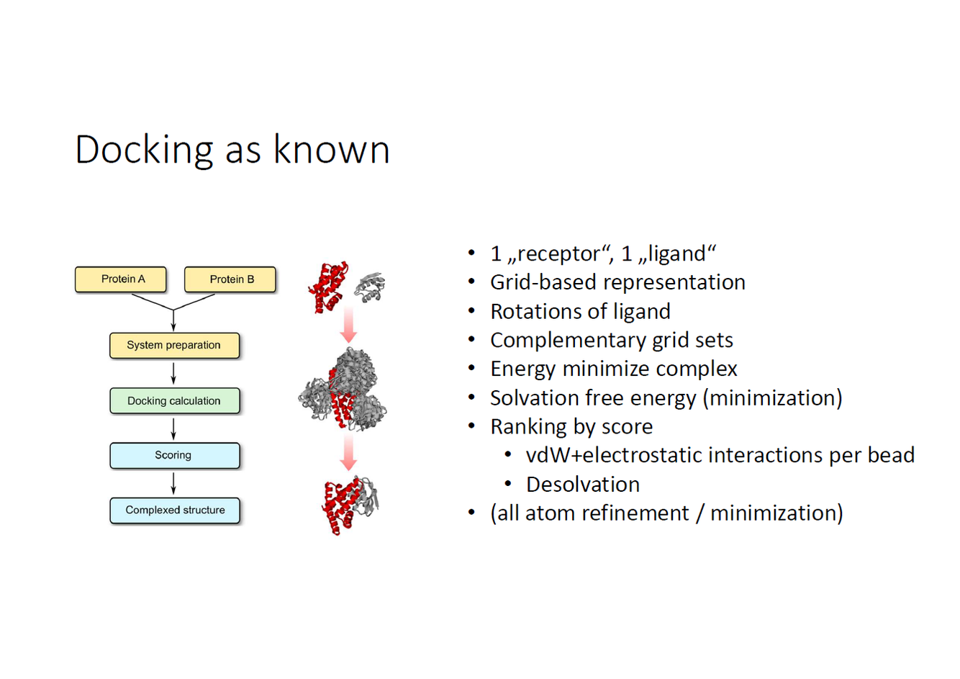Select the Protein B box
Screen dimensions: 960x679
[230, 279]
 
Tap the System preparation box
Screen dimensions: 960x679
[174, 346]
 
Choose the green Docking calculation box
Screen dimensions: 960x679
[174, 401]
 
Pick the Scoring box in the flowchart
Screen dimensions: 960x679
[174, 456]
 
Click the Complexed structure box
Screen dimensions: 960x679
[175, 511]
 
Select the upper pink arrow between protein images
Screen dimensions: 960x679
[348, 324]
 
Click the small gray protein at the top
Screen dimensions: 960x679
[371, 287]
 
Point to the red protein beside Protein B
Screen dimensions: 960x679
[328, 287]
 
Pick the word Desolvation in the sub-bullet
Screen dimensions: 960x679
[583, 485]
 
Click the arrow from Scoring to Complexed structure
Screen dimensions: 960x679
[173, 483]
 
